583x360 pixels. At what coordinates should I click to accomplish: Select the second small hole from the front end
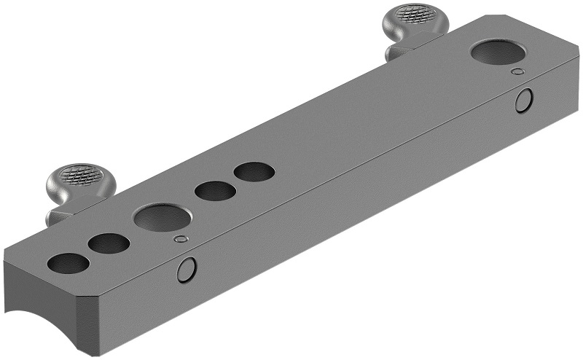(109, 243)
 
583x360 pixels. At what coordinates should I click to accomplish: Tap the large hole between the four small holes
(163, 218)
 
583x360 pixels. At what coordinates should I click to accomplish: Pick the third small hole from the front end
(215, 192)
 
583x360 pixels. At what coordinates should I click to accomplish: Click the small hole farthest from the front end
(254, 173)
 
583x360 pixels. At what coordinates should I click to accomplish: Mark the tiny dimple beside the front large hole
(181, 238)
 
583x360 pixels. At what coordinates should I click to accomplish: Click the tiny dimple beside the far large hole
(517, 71)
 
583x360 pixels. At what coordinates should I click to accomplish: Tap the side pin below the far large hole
(523, 101)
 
